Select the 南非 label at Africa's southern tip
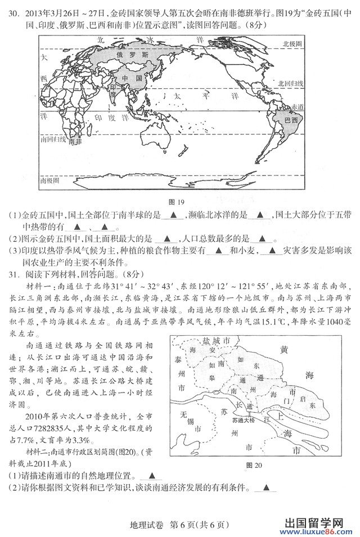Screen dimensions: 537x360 [75, 142]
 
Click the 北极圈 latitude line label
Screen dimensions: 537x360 [292, 43]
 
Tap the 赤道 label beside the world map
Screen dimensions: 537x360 [297, 107]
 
